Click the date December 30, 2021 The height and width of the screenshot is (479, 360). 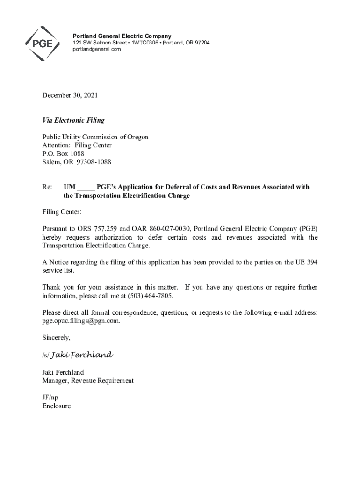coord(70,95)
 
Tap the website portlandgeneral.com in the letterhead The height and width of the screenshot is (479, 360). coord(96,50)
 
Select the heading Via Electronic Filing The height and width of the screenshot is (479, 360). coord(73,120)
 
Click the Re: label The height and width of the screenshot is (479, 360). coord(47,187)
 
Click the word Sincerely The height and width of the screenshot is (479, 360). coord(56,337)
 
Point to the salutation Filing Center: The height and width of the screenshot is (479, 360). coord(62,212)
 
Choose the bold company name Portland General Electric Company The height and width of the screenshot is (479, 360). coord(122,36)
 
